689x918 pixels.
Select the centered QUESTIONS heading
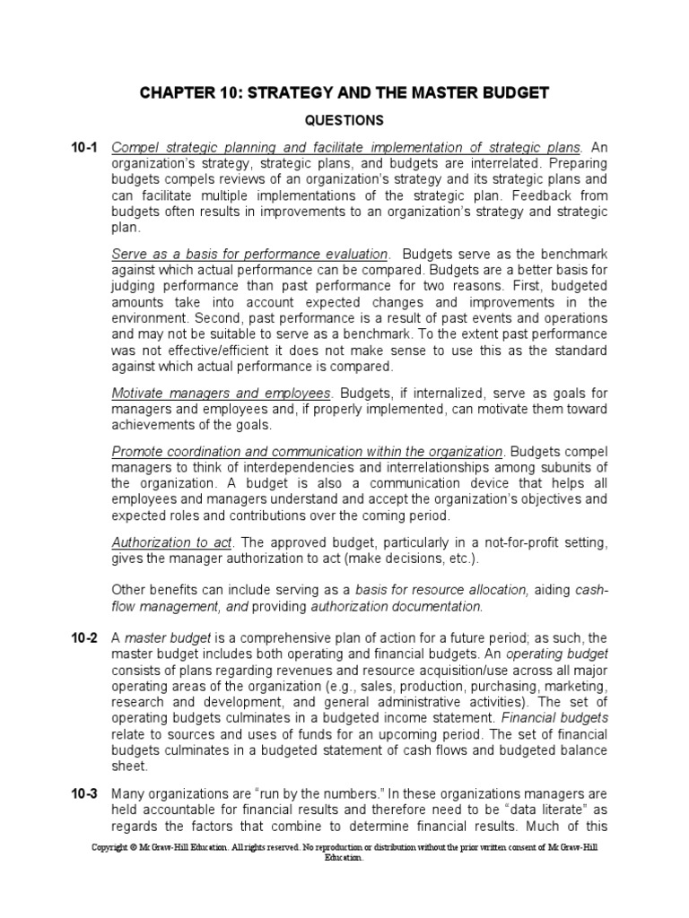point(344,120)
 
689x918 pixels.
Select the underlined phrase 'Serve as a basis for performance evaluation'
point(249,254)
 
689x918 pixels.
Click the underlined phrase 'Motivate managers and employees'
point(222,394)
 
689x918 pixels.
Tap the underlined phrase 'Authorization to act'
point(171,543)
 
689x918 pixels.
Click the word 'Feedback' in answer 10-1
point(579,195)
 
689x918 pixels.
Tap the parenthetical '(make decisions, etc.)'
point(405,559)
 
